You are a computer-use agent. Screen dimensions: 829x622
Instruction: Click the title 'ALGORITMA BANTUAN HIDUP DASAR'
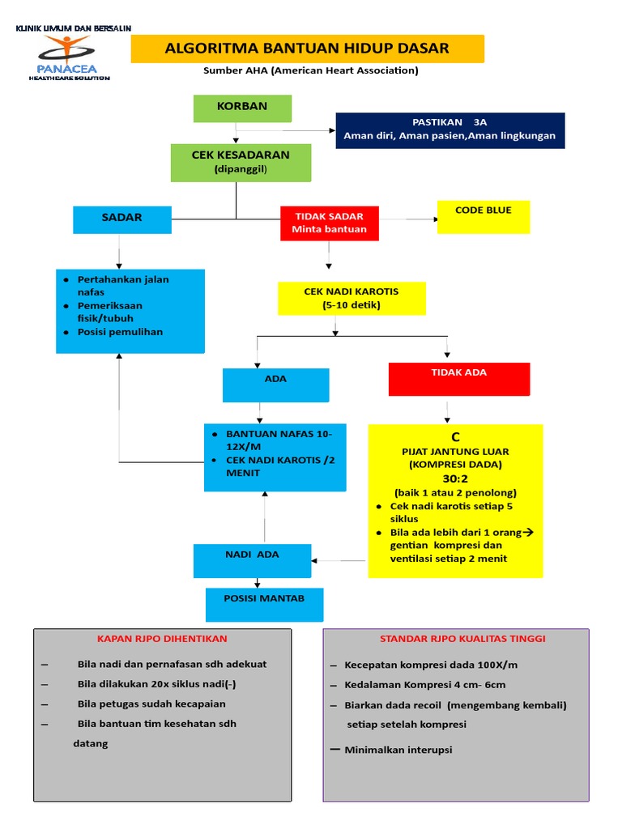tap(307, 49)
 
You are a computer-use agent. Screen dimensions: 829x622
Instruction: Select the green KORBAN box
tap(241, 108)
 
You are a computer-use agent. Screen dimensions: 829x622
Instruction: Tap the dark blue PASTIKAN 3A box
tap(449, 130)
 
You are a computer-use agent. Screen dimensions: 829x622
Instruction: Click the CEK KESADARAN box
tap(240, 162)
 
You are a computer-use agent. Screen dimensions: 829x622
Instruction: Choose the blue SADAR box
tap(121, 219)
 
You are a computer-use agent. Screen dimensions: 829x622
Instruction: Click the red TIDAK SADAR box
tap(329, 223)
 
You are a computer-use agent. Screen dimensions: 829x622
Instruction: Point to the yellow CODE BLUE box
tap(484, 217)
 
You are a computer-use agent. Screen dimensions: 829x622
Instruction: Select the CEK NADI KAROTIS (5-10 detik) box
tap(351, 298)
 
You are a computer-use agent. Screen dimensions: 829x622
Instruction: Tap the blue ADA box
tap(275, 385)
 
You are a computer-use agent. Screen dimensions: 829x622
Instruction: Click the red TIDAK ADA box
tap(458, 379)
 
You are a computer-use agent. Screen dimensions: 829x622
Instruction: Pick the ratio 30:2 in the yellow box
tap(455, 478)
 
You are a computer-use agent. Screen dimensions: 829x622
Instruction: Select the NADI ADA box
tap(252, 560)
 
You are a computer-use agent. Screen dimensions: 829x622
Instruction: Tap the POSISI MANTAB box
tap(264, 604)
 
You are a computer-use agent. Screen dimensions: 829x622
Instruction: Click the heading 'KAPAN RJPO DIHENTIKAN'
tap(162, 639)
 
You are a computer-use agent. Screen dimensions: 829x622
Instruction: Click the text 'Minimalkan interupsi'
tap(398, 750)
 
